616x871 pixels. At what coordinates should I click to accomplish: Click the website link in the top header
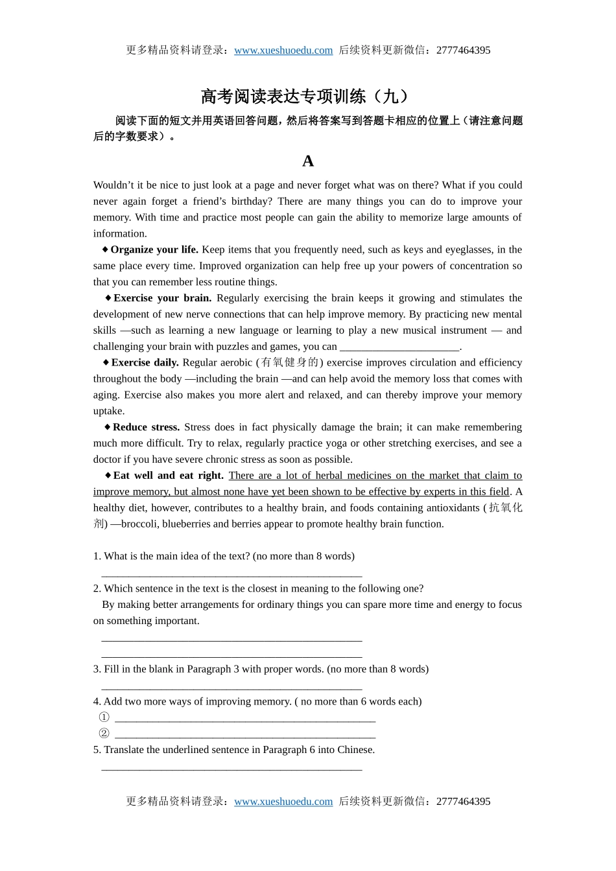coord(283,51)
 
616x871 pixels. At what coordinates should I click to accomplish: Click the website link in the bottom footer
coord(283,802)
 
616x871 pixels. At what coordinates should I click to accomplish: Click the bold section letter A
coord(308,161)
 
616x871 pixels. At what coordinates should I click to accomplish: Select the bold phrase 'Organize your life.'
coord(154,250)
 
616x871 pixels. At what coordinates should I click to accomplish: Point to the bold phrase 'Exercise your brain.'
coord(162,298)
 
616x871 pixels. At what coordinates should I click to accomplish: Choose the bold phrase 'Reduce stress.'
coord(146,427)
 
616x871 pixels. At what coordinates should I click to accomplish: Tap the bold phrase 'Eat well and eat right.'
coord(168,476)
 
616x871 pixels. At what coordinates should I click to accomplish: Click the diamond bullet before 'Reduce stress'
coord(107,427)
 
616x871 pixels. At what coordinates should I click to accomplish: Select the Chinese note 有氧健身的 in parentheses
coord(290,362)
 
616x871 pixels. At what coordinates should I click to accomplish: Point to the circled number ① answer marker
coord(104,717)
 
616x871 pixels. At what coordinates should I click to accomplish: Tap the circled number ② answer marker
coord(104,734)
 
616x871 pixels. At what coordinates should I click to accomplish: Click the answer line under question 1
coord(231,573)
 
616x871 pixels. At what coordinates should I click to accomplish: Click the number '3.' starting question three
coord(97,669)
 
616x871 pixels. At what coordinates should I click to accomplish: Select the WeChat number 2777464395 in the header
coord(463,51)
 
